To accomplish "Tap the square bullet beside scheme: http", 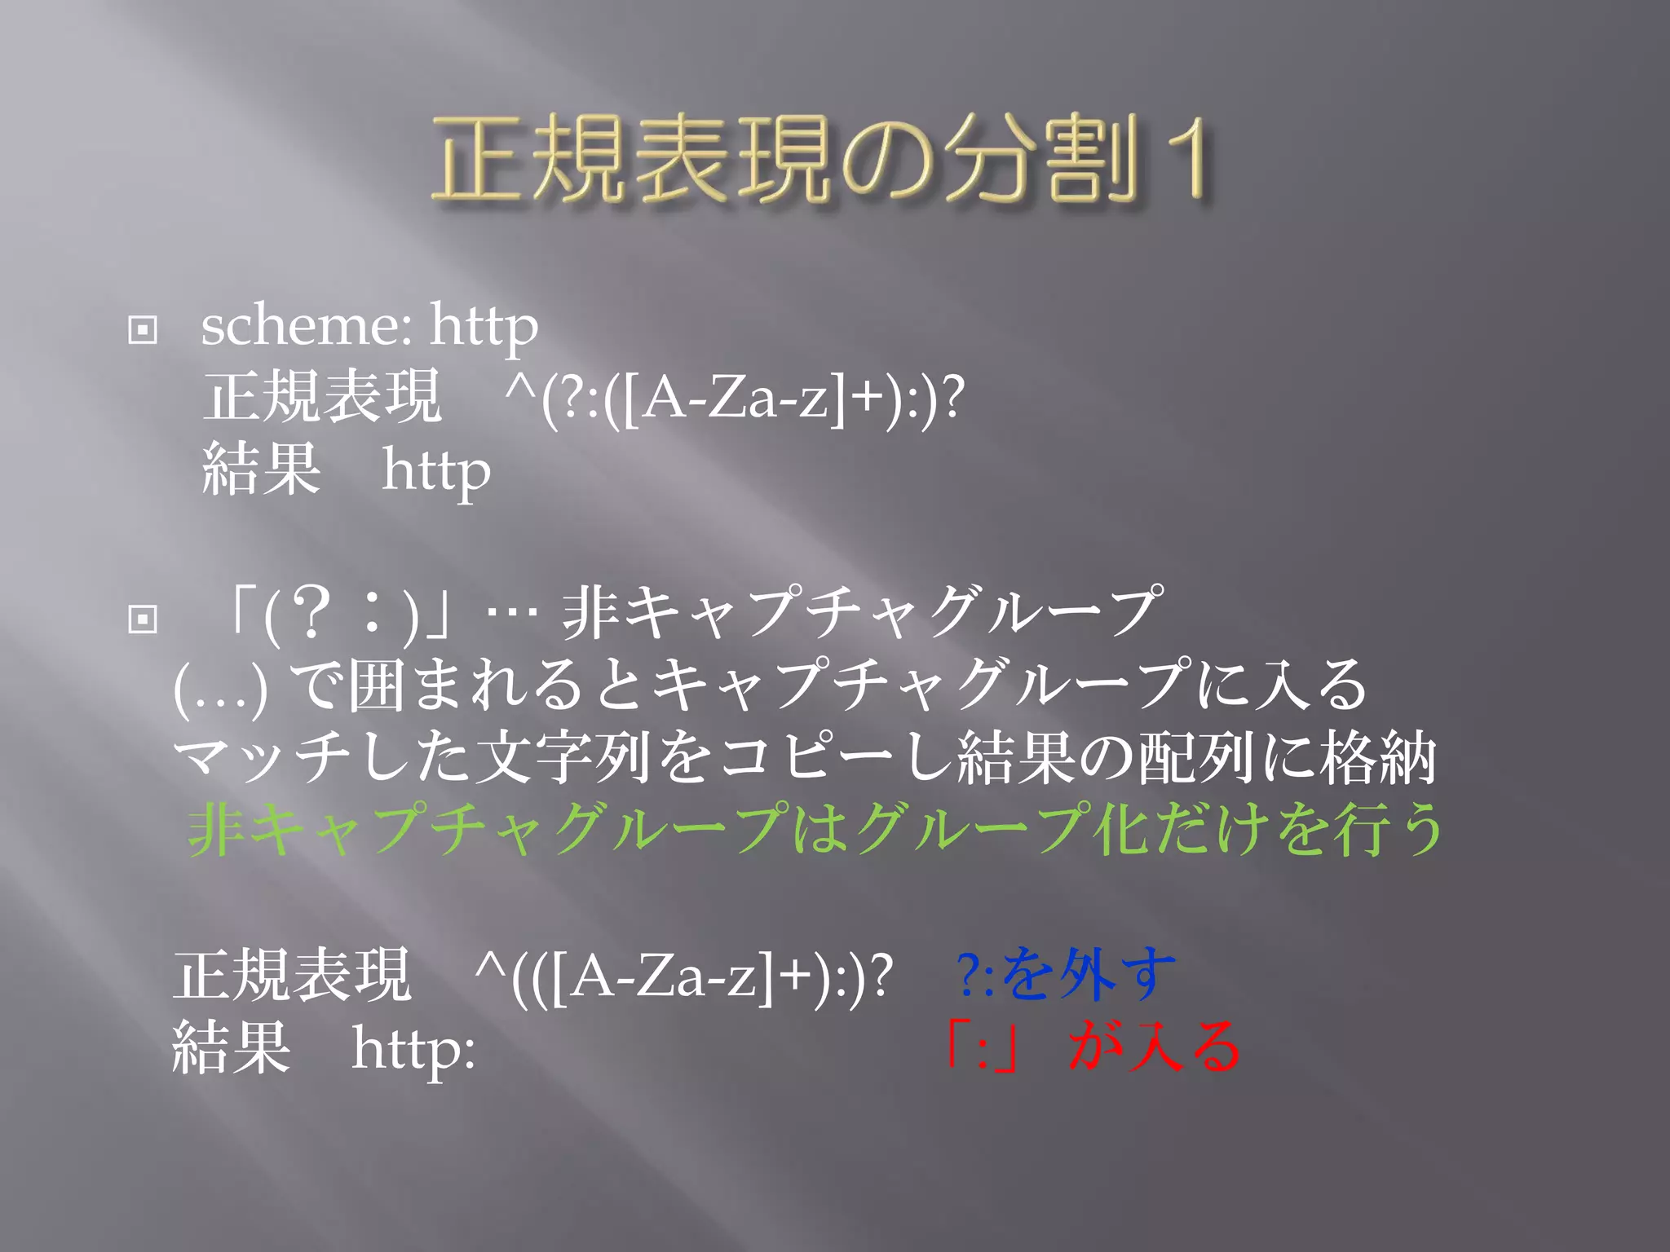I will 143,330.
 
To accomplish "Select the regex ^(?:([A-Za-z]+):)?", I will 734,399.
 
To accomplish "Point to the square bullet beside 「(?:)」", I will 143,619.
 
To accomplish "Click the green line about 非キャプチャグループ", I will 815,830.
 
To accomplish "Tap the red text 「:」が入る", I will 1093,1047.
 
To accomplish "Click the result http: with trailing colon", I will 413,1050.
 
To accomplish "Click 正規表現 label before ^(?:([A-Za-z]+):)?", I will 322,398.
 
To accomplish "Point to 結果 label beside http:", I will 232,1048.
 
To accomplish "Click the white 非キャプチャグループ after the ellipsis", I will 860,613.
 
